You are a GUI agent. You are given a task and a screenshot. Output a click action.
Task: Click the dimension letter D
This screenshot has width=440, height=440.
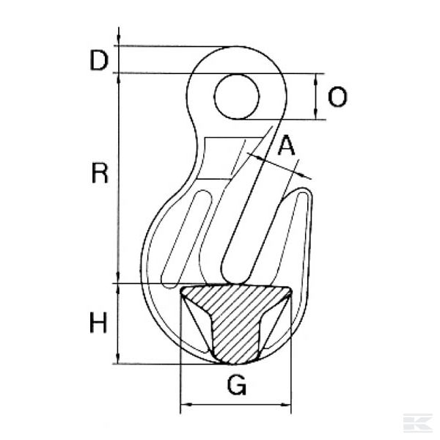tap(99, 61)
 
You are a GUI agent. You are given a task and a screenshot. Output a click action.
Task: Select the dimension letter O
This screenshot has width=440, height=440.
tap(337, 97)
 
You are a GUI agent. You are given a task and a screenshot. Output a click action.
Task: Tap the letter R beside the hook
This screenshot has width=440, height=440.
tap(100, 174)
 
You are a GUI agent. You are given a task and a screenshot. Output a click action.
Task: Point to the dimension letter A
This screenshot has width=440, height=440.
tap(287, 147)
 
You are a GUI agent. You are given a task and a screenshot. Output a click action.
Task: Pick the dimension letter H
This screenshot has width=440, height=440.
tap(99, 323)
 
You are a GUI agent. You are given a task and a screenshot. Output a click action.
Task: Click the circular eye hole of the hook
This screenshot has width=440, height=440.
tap(236, 97)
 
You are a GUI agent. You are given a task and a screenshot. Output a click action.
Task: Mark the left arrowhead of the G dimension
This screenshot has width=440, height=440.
tap(186, 404)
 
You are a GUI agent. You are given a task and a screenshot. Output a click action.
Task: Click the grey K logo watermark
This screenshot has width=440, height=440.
tap(417, 423)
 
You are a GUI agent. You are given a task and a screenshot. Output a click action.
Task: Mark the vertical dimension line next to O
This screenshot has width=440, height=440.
tap(316, 97)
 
